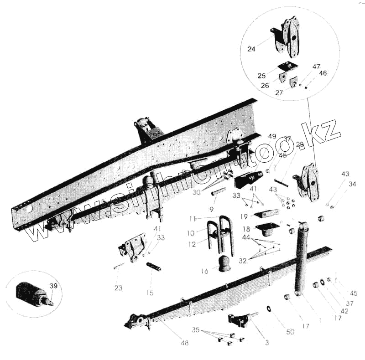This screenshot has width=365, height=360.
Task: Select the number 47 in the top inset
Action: (x=316, y=67)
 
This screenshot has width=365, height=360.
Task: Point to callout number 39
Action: (x=53, y=286)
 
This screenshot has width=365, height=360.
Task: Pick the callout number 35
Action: (x=196, y=329)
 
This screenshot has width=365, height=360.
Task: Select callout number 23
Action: (x=118, y=288)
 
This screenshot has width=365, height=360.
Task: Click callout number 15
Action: (x=151, y=293)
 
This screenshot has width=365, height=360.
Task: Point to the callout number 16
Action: (x=204, y=271)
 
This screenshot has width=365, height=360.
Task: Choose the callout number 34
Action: (x=352, y=184)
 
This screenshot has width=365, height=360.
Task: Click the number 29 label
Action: (x=300, y=144)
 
